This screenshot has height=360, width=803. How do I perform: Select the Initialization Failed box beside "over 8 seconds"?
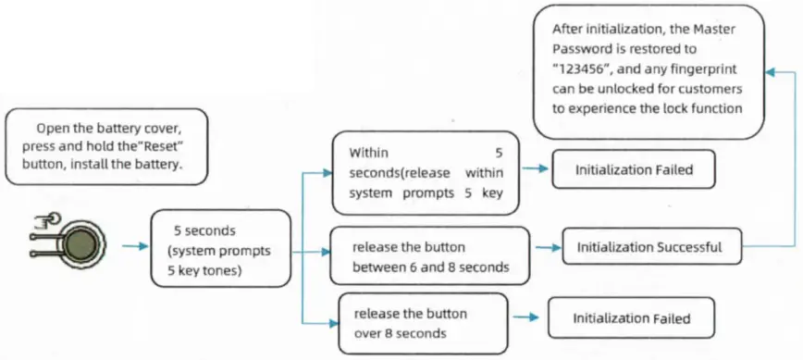click(x=632, y=318)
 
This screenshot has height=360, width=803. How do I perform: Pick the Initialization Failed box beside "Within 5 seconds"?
click(x=634, y=170)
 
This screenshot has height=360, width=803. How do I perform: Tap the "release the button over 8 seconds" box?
click(x=423, y=322)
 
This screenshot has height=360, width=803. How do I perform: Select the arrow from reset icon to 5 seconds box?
click(x=135, y=247)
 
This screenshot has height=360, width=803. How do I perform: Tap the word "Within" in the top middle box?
click(x=368, y=152)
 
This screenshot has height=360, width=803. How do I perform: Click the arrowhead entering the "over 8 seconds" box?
click(x=332, y=323)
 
